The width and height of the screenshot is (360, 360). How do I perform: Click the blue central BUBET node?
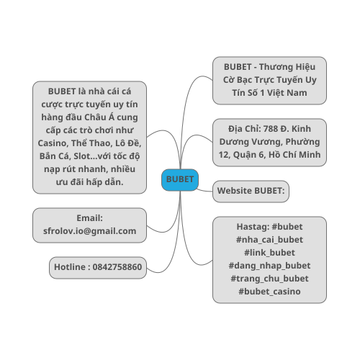coord(180,180)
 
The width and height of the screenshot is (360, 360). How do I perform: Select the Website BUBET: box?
coord(251,192)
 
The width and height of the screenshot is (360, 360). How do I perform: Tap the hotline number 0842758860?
coord(117,267)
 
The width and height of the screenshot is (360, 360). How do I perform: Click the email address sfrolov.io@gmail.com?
coord(89,231)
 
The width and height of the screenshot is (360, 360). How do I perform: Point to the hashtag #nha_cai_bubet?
coord(269,240)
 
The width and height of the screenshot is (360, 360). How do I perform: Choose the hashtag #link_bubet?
coord(269,253)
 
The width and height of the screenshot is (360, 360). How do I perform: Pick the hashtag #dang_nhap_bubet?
coord(269,266)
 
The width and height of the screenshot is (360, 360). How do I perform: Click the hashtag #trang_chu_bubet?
coord(269,279)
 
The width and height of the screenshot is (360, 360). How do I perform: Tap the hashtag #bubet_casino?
coord(269,292)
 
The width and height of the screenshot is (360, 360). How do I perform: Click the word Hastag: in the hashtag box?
coord(253,227)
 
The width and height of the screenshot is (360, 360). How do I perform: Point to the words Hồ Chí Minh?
coord(294,155)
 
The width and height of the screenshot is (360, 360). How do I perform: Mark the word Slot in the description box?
coord(82,156)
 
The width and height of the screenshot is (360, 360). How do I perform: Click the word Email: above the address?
coord(89,218)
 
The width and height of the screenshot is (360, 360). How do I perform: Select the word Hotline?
coord(70,267)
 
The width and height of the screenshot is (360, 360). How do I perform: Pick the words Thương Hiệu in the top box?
coord(287,67)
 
